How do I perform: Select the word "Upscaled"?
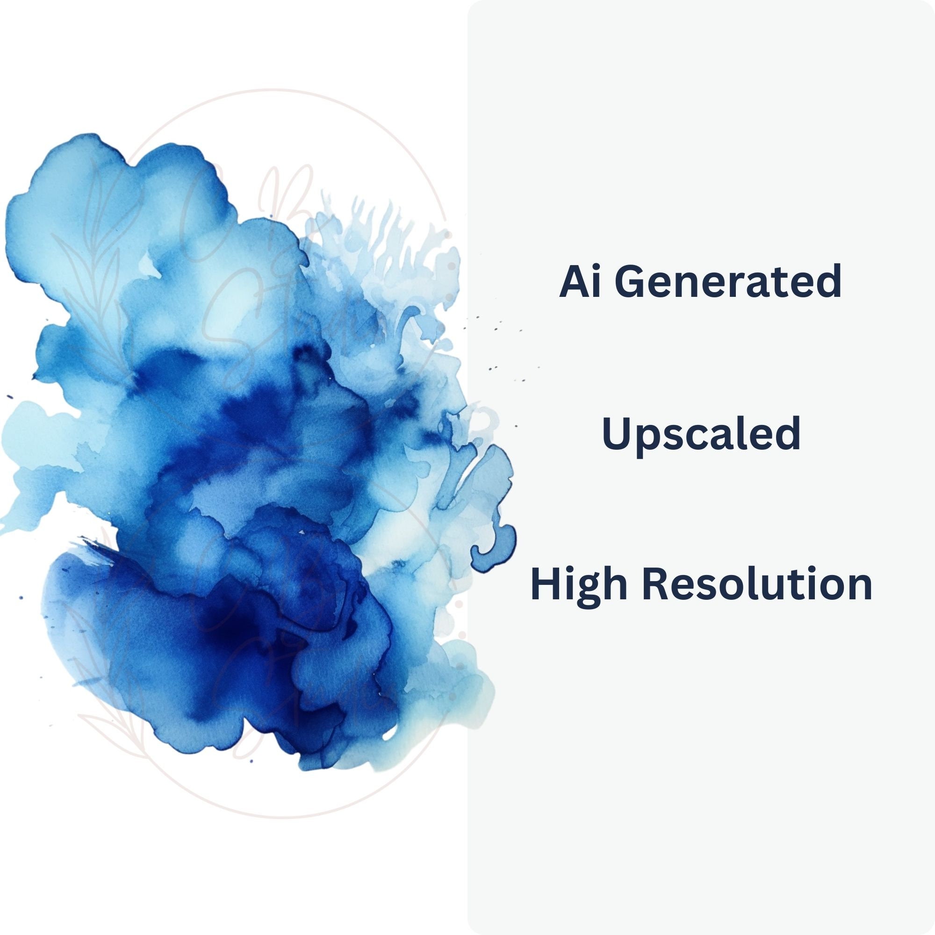pyautogui.click(x=700, y=434)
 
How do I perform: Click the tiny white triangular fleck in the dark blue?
pyautogui.click(x=302, y=532)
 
